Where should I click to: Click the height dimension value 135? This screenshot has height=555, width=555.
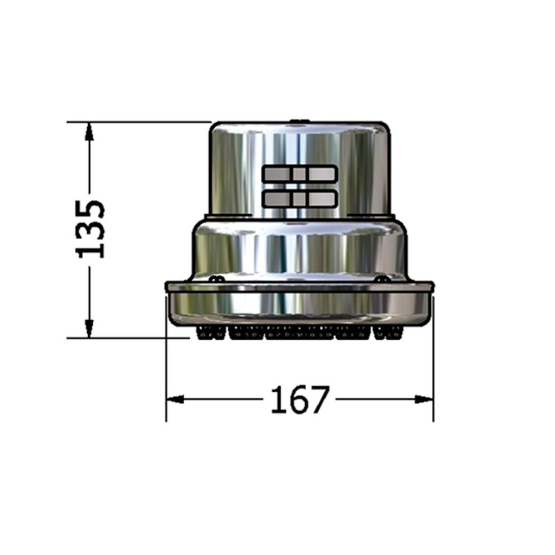coord(90,229)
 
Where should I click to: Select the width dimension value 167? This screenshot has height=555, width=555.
coord(300,400)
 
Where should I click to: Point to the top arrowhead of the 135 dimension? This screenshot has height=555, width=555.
coord(89,132)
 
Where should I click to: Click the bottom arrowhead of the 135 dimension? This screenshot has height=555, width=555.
coord(89,328)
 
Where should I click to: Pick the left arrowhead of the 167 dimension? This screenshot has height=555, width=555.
coord(175,399)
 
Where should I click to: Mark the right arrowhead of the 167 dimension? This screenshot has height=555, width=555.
coord(424,399)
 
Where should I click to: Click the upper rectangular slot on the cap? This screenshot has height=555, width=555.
coord(300,174)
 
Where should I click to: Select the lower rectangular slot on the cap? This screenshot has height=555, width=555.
coord(300,199)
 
